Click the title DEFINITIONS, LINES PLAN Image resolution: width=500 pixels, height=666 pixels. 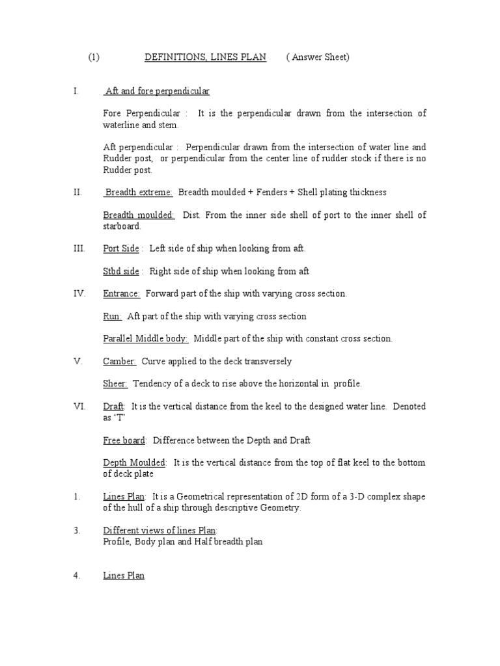205,57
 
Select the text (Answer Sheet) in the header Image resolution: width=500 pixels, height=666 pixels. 318,57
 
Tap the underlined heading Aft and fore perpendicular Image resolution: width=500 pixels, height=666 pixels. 157,91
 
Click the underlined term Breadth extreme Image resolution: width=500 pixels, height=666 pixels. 138,192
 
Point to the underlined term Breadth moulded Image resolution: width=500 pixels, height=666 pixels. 139,215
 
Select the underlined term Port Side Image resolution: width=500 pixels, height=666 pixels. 121,248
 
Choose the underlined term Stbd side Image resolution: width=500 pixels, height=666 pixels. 121,271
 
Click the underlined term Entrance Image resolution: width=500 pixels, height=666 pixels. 122,293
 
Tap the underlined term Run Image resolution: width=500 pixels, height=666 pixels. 112,316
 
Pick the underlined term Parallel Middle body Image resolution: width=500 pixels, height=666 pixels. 146,338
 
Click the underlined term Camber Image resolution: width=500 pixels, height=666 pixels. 120,361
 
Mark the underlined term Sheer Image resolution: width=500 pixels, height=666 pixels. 115,384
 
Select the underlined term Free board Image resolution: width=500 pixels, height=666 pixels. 124,440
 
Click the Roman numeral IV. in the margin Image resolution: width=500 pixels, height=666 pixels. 79,293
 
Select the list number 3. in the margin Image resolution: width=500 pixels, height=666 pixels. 77,531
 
